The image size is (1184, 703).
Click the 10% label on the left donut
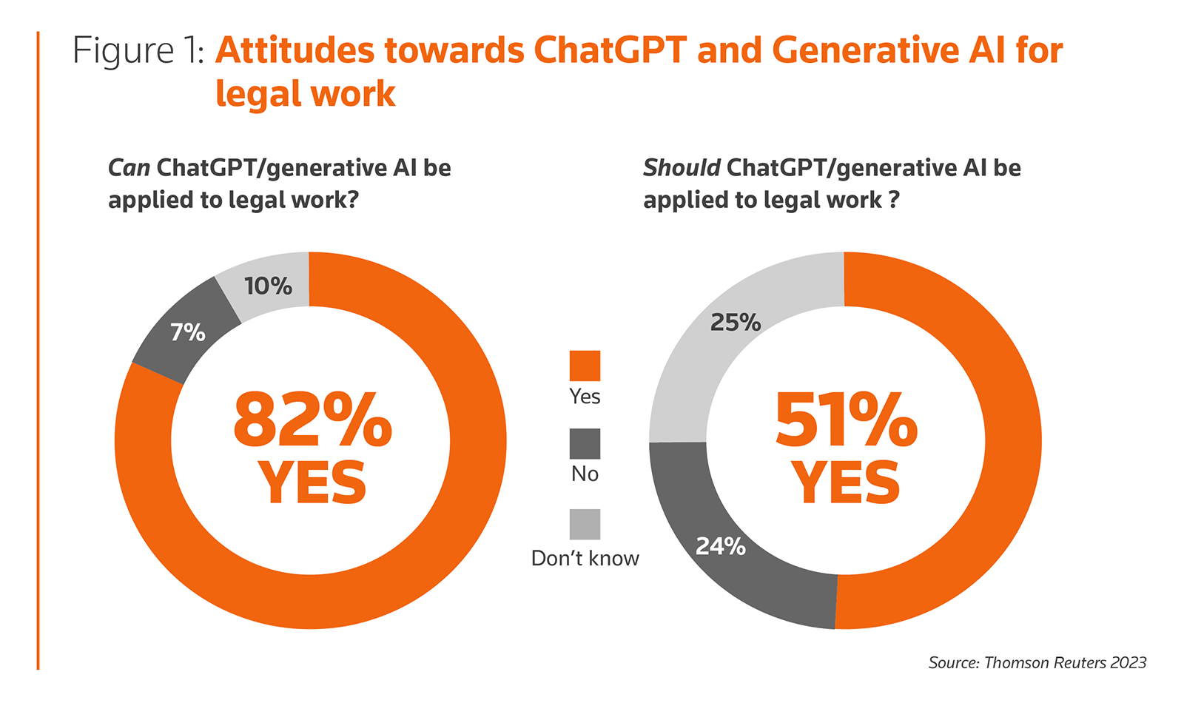[268, 286]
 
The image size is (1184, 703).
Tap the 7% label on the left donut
[187, 333]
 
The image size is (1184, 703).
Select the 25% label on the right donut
[735, 323]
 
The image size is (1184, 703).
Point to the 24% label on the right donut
[720, 546]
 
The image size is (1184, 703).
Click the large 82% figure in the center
[312, 420]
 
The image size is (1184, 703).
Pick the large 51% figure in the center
[846, 420]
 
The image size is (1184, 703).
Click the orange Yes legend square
[585, 366]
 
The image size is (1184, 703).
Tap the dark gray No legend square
[585, 444]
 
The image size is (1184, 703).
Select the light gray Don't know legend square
[585, 524]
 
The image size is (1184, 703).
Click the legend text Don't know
[585, 558]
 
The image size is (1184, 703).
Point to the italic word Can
[129, 168]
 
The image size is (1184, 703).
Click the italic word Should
[681, 168]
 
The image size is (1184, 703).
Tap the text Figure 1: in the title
[138, 51]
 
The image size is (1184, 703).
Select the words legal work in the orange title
[305, 94]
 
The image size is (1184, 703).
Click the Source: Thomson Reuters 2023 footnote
[1037, 662]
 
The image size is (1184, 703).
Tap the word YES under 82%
[312, 483]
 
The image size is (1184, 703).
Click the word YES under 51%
[846, 483]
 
